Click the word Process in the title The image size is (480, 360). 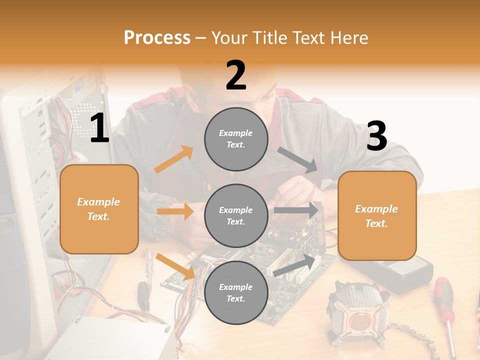(x=157, y=37)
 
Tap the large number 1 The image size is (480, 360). (x=99, y=128)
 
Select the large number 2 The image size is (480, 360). (x=236, y=75)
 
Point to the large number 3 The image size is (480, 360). (x=376, y=136)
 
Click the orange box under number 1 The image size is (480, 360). (x=99, y=209)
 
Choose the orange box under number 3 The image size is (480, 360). (x=377, y=215)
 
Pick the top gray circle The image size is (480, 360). (x=236, y=139)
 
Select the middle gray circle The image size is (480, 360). (x=236, y=215)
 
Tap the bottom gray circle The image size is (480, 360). (x=236, y=292)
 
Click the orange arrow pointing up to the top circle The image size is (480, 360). (x=173, y=159)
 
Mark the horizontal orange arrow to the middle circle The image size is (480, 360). (x=175, y=211)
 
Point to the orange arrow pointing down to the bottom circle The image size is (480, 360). (x=175, y=266)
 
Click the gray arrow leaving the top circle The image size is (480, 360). (x=297, y=159)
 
